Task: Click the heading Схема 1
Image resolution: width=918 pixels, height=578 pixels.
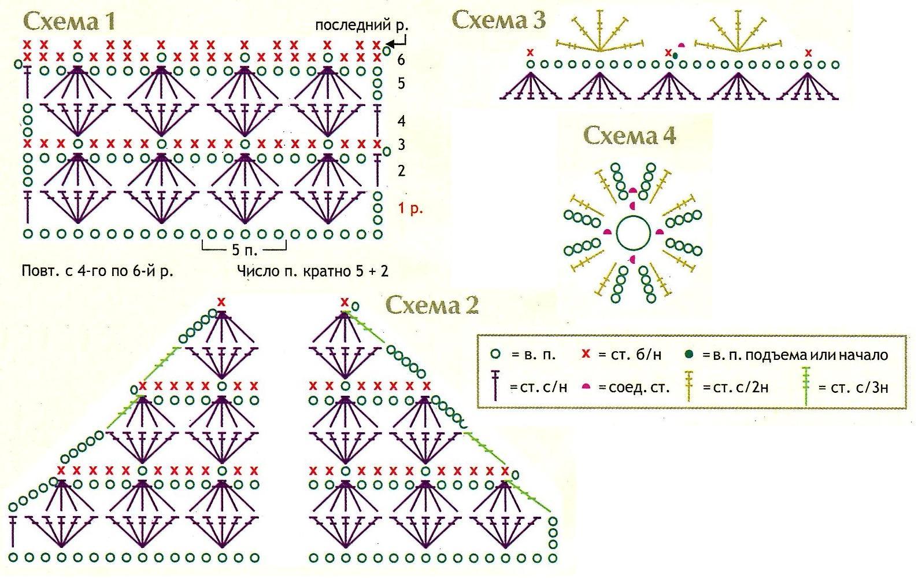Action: [69, 22]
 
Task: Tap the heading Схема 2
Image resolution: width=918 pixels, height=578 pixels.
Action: [432, 304]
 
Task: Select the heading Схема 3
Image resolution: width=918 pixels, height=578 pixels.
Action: [498, 20]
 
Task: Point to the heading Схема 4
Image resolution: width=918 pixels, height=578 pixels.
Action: [630, 136]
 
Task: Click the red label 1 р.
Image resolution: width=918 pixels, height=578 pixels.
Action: [410, 208]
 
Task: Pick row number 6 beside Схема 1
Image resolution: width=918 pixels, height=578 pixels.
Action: [401, 59]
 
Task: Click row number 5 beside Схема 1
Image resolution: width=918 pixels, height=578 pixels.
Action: [401, 84]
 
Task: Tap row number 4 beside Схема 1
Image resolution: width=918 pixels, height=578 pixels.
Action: [401, 122]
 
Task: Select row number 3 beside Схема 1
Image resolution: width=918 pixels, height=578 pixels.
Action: [401, 145]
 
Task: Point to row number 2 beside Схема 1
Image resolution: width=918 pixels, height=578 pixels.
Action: [401, 171]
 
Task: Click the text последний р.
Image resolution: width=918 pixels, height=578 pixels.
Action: [361, 25]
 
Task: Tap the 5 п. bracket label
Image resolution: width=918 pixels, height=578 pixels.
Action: [245, 250]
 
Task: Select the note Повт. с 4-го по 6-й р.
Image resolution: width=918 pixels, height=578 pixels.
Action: [97, 271]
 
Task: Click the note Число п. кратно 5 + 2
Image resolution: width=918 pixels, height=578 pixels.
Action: [313, 271]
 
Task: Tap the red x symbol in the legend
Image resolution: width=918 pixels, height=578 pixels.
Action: [586, 354]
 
